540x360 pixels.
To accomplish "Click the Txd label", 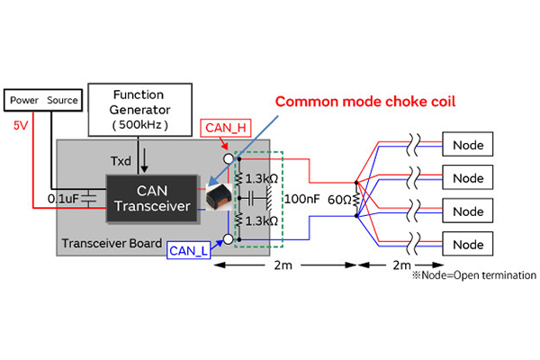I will coord(121,159).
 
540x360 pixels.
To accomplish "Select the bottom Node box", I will coord(468,244).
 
